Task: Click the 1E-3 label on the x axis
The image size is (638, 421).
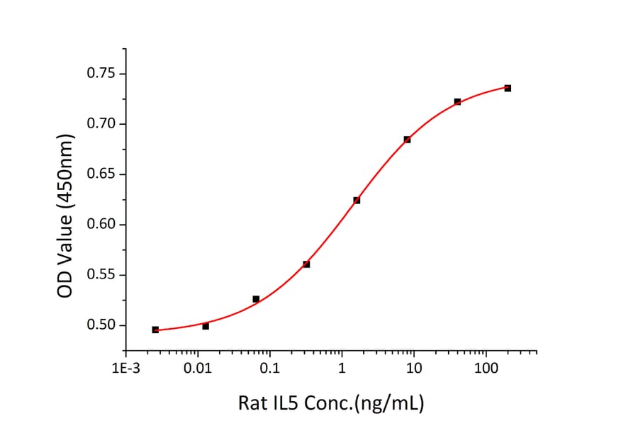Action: [x=125, y=369]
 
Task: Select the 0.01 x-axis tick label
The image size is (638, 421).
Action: [x=198, y=369]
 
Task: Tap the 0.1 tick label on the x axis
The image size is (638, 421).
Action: [x=269, y=369]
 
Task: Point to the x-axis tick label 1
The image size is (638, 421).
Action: [x=342, y=369]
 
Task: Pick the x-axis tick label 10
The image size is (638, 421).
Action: [x=414, y=369]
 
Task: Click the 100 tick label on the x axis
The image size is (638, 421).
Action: [x=486, y=369]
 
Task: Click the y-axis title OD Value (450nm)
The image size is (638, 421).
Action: [x=65, y=215]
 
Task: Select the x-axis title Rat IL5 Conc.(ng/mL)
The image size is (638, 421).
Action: [x=331, y=404]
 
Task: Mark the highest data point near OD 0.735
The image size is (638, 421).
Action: [x=508, y=88]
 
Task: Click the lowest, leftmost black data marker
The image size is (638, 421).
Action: [x=155, y=330]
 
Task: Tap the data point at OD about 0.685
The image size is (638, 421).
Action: [x=407, y=140]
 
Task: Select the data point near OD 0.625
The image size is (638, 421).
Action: [x=357, y=200]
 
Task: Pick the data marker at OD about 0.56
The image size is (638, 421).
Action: [x=306, y=264]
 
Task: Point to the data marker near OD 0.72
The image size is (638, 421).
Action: [x=457, y=101]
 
